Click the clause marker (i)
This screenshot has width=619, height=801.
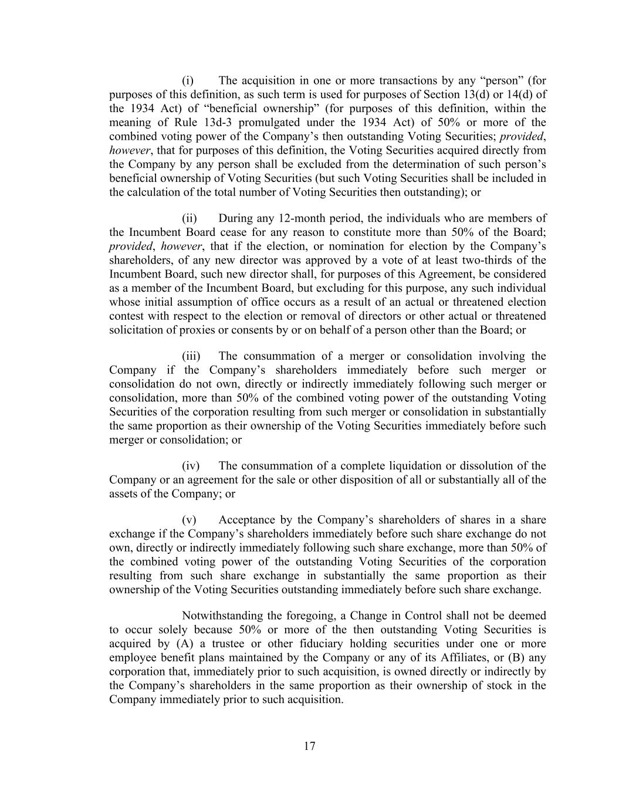click(188, 80)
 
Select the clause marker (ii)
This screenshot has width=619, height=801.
click(189, 218)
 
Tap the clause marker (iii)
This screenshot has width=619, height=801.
click(191, 356)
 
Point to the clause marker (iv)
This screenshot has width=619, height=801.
click(190, 466)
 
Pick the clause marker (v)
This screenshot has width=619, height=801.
click(189, 520)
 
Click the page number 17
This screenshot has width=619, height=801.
click(310, 746)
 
